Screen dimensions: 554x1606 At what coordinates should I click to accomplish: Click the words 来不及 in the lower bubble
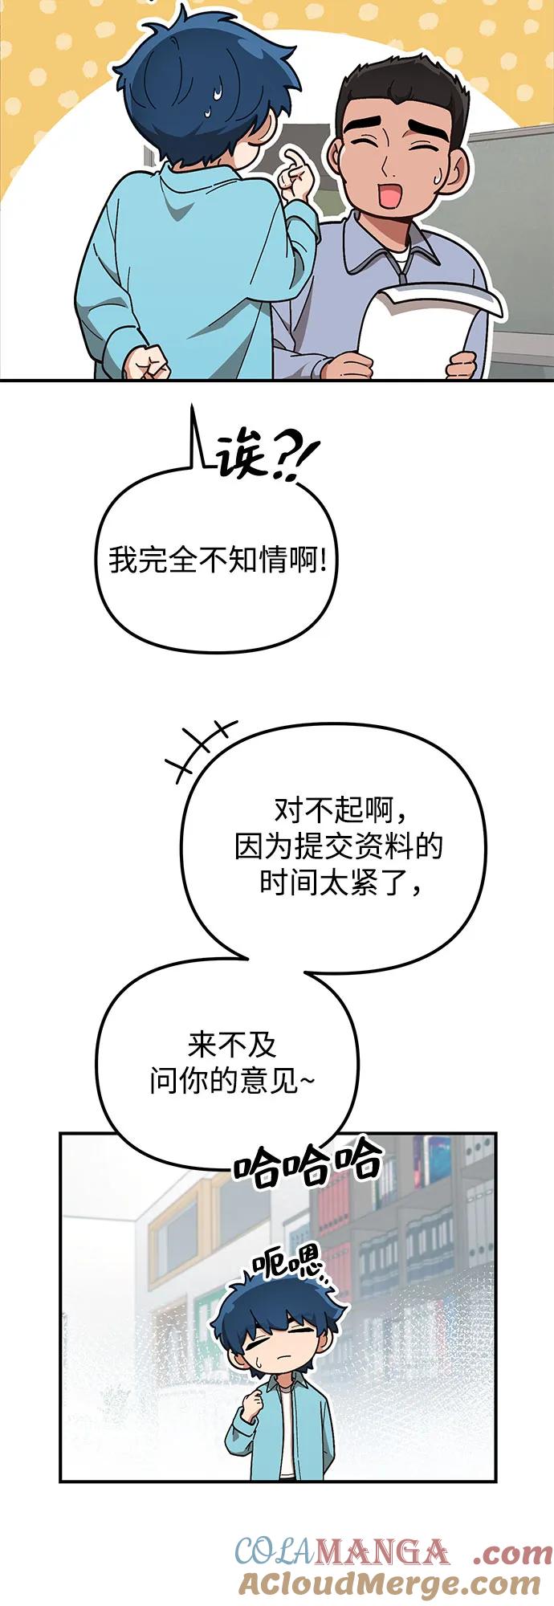pyautogui.click(x=232, y=1045)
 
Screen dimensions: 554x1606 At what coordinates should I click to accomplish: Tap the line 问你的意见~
pyautogui.click(x=232, y=1081)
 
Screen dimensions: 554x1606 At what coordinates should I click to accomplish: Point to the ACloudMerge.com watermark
pyautogui.click(x=389, y=1583)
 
